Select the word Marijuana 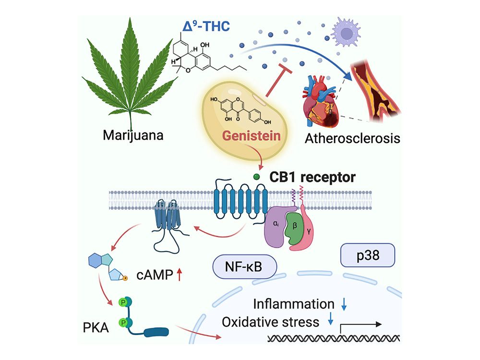tap(133, 136)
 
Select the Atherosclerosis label tap(351, 139)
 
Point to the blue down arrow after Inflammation tap(344, 304)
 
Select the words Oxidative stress tap(270, 321)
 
